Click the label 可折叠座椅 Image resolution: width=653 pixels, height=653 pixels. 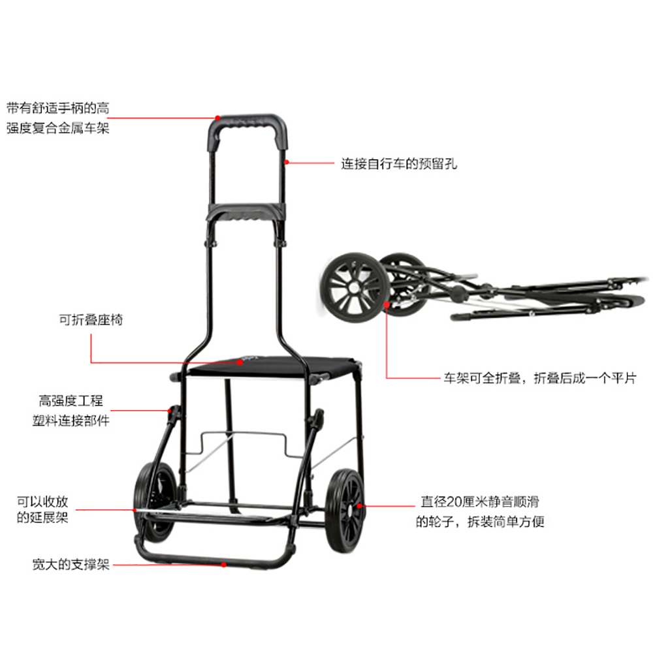pyautogui.click(x=91, y=320)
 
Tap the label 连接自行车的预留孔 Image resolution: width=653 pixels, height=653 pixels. pyautogui.click(x=398, y=163)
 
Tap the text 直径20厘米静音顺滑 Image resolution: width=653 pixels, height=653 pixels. pyautogui.click(x=482, y=502)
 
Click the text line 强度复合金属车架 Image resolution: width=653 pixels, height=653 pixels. pyautogui.click(x=58, y=127)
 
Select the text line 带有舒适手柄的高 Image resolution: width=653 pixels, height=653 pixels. pyautogui.click(x=58, y=108)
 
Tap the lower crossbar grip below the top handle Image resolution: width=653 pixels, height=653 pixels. pyautogui.click(x=247, y=212)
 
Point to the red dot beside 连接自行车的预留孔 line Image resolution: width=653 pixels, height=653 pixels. pyautogui.click(x=287, y=162)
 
